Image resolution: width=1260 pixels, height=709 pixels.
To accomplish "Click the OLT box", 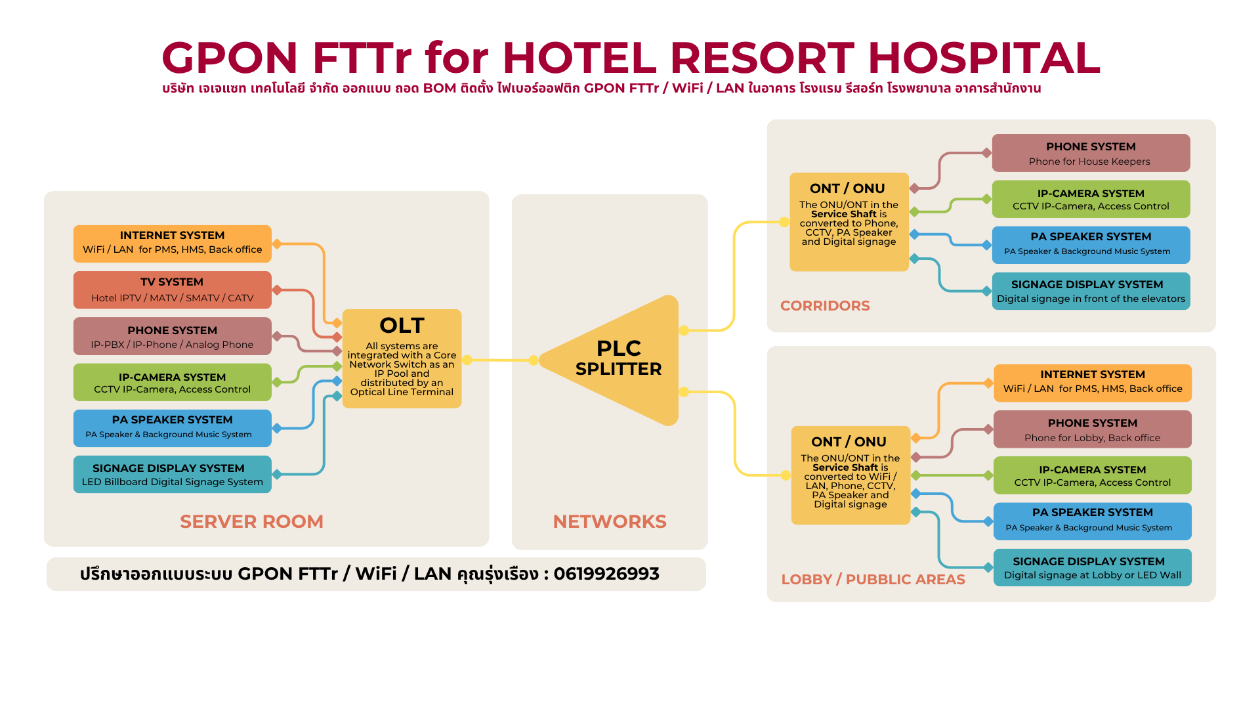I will tap(402, 358).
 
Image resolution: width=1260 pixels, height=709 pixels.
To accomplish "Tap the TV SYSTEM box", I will tap(172, 290).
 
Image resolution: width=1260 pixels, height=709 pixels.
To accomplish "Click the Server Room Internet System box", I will tap(172, 244).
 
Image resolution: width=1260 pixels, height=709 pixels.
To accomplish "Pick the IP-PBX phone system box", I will tap(172, 336).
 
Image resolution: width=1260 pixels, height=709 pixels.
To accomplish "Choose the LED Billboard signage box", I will tap(172, 474).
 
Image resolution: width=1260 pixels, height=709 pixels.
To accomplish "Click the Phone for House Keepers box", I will tap(1091, 153).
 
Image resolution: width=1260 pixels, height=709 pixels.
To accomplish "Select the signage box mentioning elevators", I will tap(1091, 291).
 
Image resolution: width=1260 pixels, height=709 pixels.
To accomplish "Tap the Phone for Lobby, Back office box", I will tap(1092, 429).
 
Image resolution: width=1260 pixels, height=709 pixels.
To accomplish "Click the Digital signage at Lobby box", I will tap(1092, 567).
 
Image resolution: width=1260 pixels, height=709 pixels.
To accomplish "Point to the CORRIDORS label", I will tap(825, 306).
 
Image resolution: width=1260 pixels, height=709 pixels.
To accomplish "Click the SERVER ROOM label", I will tap(251, 521).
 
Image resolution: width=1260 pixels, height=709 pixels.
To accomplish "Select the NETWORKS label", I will tap(610, 521).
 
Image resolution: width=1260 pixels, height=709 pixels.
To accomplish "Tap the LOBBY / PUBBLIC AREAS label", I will tap(873, 580).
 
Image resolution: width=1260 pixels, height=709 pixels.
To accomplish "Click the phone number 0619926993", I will tap(606, 574).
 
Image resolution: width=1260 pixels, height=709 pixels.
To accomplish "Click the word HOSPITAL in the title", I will tap(984, 58).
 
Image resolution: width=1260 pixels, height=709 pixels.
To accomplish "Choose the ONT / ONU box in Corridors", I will tap(849, 222).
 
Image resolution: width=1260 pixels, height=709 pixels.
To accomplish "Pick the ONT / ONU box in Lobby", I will tap(850, 475).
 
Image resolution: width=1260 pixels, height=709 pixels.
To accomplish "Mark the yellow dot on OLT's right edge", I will tap(467, 360).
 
